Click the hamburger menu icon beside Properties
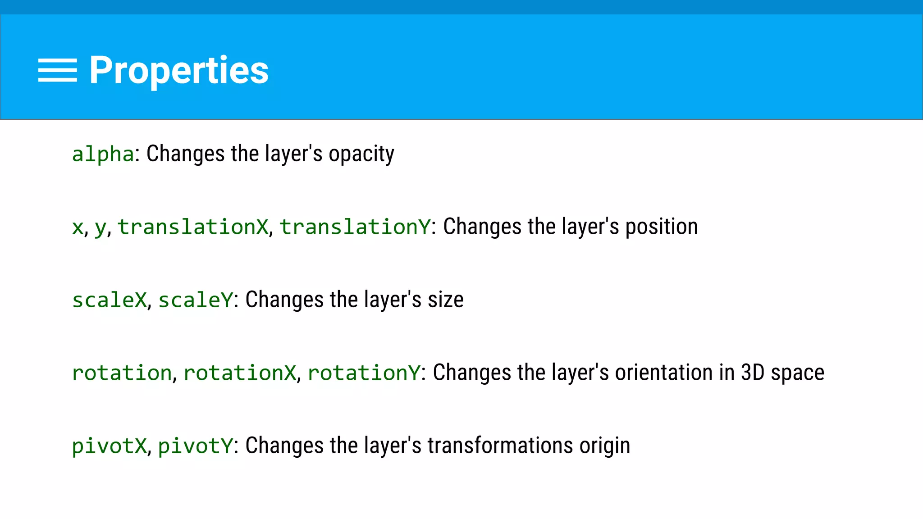[x=57, y=70]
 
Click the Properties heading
[x=178, y=70]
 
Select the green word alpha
[x=103, y=154]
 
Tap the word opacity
[x=361, y=154]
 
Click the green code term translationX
[x=193, y=227]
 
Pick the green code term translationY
[x=355, y=227]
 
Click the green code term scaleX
[x=110, y=300]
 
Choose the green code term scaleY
[x=196, y=300]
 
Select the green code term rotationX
[x=240, y=373]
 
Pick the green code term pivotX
[x=110, y=446]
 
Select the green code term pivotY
[x=196, y=446]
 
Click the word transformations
[x=500, y=446]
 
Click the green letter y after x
[x=100, y=228]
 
